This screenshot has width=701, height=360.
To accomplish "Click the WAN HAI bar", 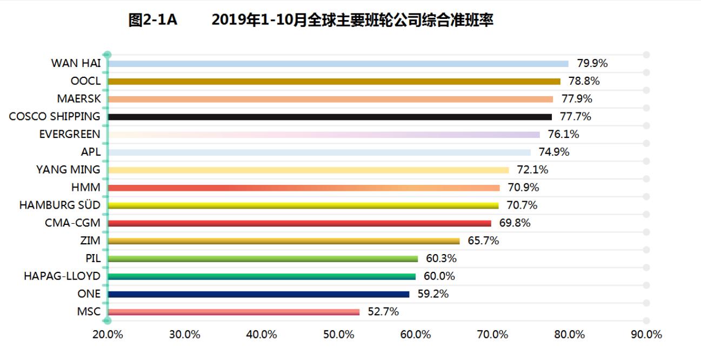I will [338, 64].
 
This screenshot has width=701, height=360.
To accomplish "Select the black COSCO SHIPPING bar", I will [330, 117].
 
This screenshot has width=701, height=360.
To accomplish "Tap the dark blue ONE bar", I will [258, 295].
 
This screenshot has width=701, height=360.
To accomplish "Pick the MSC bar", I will [233, 312].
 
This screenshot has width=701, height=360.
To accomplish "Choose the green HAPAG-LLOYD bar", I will [262, 277].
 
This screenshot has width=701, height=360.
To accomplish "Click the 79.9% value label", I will [592, 63].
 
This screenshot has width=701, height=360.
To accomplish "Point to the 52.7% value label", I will [383, 311].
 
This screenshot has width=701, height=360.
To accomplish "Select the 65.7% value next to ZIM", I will [483, 241].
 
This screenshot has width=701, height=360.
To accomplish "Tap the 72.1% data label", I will [532, 170].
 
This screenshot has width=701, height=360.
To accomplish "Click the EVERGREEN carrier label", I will [70, 134].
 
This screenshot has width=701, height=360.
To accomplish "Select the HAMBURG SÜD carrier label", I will [59, 205].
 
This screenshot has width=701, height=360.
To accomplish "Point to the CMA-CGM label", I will [72, 223].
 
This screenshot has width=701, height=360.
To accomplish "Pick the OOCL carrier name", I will [85, 81].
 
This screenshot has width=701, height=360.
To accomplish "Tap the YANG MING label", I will [68, 170].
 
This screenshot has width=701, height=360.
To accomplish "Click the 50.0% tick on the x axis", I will [338, 335].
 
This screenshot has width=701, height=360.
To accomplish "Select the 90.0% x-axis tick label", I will [646, 335].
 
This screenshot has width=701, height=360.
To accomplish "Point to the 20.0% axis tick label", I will [108, 335].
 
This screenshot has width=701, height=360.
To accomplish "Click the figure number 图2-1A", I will [153, 21].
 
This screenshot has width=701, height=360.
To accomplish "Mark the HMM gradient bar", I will [304, 188].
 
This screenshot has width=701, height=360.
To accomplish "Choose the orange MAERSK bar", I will [330, 99].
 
